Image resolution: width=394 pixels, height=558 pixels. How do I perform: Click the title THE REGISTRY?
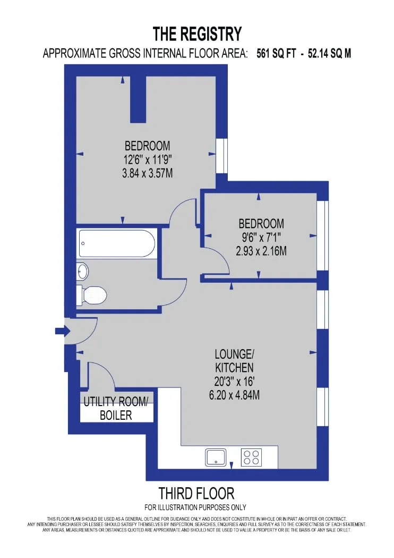[x=198, y=34]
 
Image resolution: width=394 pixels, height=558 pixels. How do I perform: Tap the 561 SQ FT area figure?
[x=276, y=53]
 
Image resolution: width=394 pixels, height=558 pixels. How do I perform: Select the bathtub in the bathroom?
[x=117, y=243]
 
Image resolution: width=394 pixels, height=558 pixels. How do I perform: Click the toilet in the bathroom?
[x=92, y=295]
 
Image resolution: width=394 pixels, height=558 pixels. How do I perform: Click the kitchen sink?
[x=216, y=457]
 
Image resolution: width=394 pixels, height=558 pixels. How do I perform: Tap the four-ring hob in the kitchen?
[x=251, y=457]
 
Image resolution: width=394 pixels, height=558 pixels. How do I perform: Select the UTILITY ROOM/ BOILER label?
[x=116, y=408]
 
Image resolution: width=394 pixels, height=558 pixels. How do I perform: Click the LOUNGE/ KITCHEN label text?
[x=234, y=360]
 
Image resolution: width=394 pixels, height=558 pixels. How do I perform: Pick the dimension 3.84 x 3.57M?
[x=148, y=173]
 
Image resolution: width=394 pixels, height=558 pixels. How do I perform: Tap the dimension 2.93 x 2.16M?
[x=261, y=251]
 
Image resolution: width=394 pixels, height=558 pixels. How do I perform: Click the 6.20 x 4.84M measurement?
[x=234, y=395]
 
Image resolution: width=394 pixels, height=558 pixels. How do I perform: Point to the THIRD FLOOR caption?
[x=196, y=494]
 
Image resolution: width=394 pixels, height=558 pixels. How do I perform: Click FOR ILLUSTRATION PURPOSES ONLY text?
[x=195, y=507]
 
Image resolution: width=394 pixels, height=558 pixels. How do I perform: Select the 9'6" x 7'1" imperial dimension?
[x=261, y=238]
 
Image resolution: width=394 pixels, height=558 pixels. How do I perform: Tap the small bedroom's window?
[x=322, y=235]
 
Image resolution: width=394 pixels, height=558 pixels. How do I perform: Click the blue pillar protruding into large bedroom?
[x=138, y=99]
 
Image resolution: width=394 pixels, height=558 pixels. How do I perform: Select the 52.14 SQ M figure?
[x=329, y=53]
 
